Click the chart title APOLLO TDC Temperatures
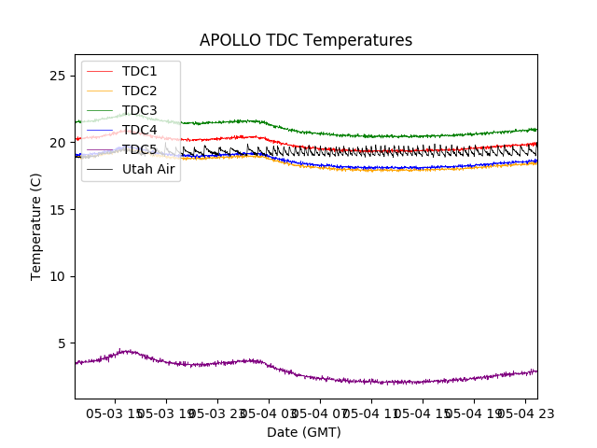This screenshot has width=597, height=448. pos(306,40)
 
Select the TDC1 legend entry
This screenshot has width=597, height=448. pos(139,71)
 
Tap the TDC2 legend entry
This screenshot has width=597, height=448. pos(139,91)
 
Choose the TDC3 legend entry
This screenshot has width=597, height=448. pos(139,110)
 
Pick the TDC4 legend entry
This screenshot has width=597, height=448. pos(139,130)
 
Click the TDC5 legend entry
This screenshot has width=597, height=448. pos(139,149)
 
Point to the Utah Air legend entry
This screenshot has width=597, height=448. pos(148,169)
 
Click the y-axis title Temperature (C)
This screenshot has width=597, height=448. pos(36,226)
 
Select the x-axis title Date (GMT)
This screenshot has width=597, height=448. pos(304,432)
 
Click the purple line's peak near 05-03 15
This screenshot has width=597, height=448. pos(127,351)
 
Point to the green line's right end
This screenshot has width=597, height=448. pos(536,129)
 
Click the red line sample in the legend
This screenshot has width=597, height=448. pos(100,71)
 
